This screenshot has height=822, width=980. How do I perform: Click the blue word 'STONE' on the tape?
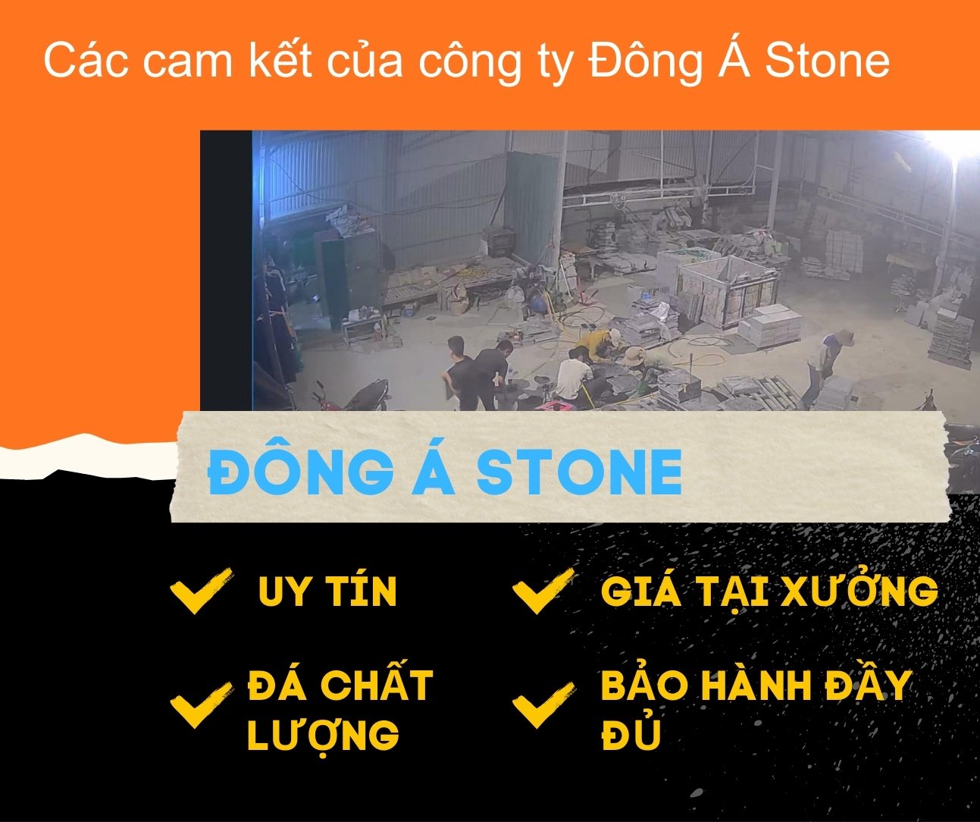click(x=579, y=472)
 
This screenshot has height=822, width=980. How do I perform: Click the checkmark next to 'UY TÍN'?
click(x=199, y=590)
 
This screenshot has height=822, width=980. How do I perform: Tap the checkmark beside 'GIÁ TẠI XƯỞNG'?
click(x=541, y=590)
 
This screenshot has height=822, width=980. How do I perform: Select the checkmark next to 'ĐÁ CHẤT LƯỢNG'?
click(x=199, y=704)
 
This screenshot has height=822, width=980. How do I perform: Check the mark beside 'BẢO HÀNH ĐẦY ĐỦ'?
click(x=541, y=704)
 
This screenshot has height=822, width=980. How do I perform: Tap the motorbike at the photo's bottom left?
click(x=356, y=394)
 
